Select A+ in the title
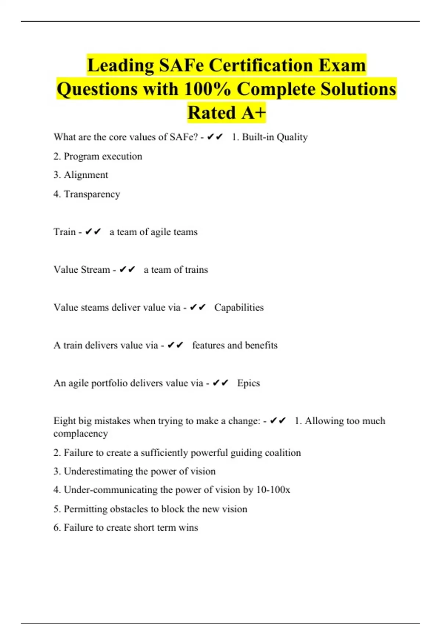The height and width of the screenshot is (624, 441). click(x=254, y=113)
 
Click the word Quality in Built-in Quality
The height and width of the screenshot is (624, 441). click(x=292, y=137)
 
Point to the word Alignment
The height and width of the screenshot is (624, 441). click(x=86, y=175)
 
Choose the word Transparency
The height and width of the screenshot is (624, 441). click(x=92, y=194)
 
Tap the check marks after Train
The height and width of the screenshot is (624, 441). click(x=93, y=232)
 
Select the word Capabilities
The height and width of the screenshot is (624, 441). click(x=239, y=308)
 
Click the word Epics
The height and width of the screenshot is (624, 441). click(x=248, y=383)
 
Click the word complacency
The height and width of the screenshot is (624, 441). click(x=80, y=434)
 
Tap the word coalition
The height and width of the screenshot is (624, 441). click(x=283, y=453)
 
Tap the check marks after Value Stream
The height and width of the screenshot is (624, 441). click(x=128, y=270)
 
